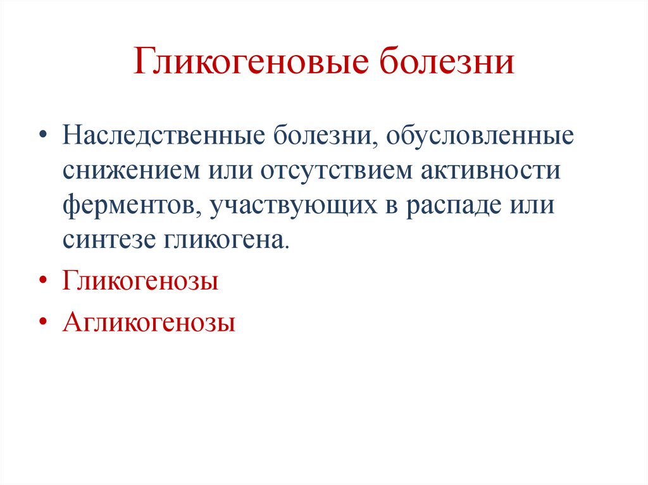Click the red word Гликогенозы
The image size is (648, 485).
(x=140, y=280)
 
